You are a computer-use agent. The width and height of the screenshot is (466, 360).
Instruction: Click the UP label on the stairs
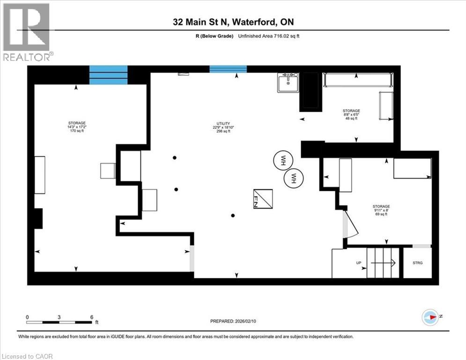[x=359, y=263]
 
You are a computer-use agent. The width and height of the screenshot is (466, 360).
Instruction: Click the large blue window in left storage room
[x=108, y=75]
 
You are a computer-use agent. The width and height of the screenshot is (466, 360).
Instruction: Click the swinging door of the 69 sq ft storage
[x=350, y=224]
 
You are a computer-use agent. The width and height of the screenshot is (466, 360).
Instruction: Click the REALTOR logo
[x=26, y=32]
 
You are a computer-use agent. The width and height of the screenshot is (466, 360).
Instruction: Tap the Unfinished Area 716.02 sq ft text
[x=269, y=36]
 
